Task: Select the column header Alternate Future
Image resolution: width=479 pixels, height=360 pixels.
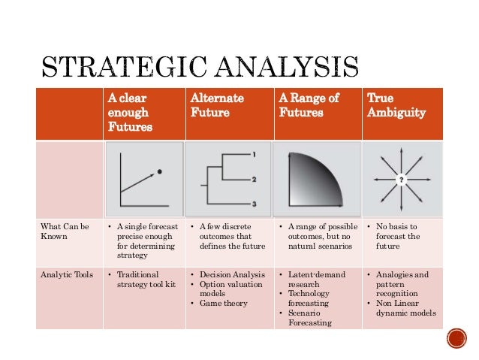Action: tap(212, 105)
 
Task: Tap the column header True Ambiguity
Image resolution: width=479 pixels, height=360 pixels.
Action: tap(396, 105)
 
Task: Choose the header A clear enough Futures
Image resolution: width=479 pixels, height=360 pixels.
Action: tap(129, 113)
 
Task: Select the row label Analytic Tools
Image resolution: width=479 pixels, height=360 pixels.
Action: tap(67, 274)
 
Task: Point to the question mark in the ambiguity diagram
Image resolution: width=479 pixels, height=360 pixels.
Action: tap(402, 180)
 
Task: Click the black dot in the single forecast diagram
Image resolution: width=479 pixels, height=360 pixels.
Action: tap(160, 172)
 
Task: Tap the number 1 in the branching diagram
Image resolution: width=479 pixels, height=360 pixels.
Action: tap(255, 155)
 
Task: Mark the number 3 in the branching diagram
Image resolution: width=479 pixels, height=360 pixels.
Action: tap(255, 204)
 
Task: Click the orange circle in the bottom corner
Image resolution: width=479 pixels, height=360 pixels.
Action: tap(456, 339)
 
